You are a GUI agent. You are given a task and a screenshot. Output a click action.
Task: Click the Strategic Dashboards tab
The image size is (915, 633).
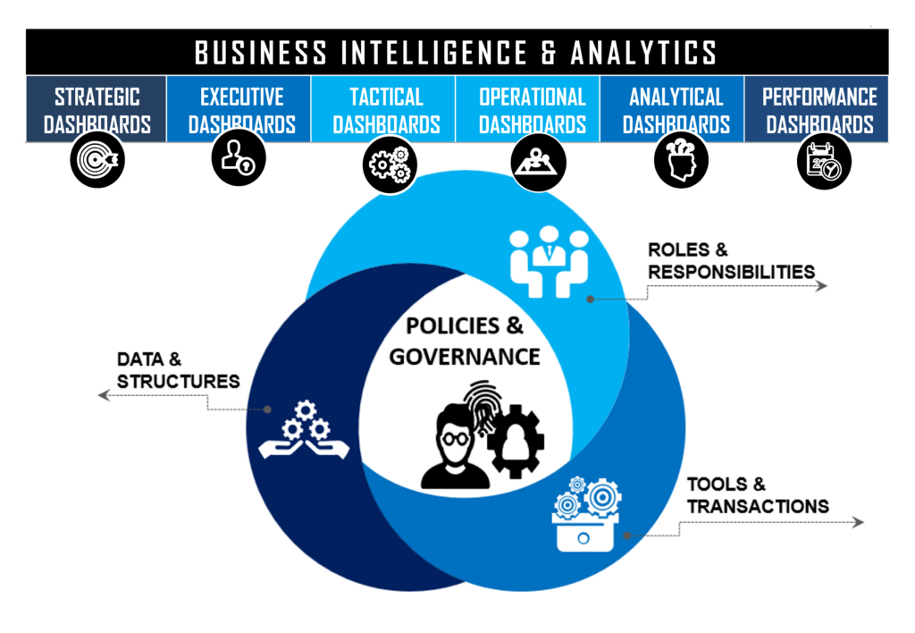pos(97,108)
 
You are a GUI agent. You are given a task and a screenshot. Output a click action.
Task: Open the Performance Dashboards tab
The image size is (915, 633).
pos(817,108)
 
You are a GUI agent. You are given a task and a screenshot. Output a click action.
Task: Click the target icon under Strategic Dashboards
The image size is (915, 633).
pos(97,159)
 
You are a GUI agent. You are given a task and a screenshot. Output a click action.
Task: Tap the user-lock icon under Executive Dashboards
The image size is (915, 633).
pos(239,157)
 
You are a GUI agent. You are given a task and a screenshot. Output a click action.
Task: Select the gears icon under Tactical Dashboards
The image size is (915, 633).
pos(390,165)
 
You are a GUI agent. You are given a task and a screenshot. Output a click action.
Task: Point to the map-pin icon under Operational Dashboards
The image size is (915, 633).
pos(538,163)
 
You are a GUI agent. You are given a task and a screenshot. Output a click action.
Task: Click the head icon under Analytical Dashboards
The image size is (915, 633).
pos(681,160)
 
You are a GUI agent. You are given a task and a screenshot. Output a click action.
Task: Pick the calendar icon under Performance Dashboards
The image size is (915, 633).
pos(824,162)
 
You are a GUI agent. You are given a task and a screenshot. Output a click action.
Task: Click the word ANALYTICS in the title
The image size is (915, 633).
pos(643,53)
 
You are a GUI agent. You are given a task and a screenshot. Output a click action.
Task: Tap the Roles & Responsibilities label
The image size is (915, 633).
pos(731,260)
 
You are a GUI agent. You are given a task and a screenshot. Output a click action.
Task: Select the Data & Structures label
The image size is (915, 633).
pos(178,370)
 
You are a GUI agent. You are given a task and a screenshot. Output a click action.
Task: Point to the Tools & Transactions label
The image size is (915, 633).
pos(758,495)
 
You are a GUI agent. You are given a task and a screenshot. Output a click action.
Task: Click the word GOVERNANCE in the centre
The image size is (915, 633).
pos(465,357)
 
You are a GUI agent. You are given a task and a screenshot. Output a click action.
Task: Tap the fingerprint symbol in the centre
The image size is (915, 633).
pos(482,407)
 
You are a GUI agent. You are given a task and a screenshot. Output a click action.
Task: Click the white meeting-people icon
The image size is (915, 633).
pos(550,262)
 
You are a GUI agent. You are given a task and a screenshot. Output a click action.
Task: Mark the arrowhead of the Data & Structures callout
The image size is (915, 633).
pos(104,395)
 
